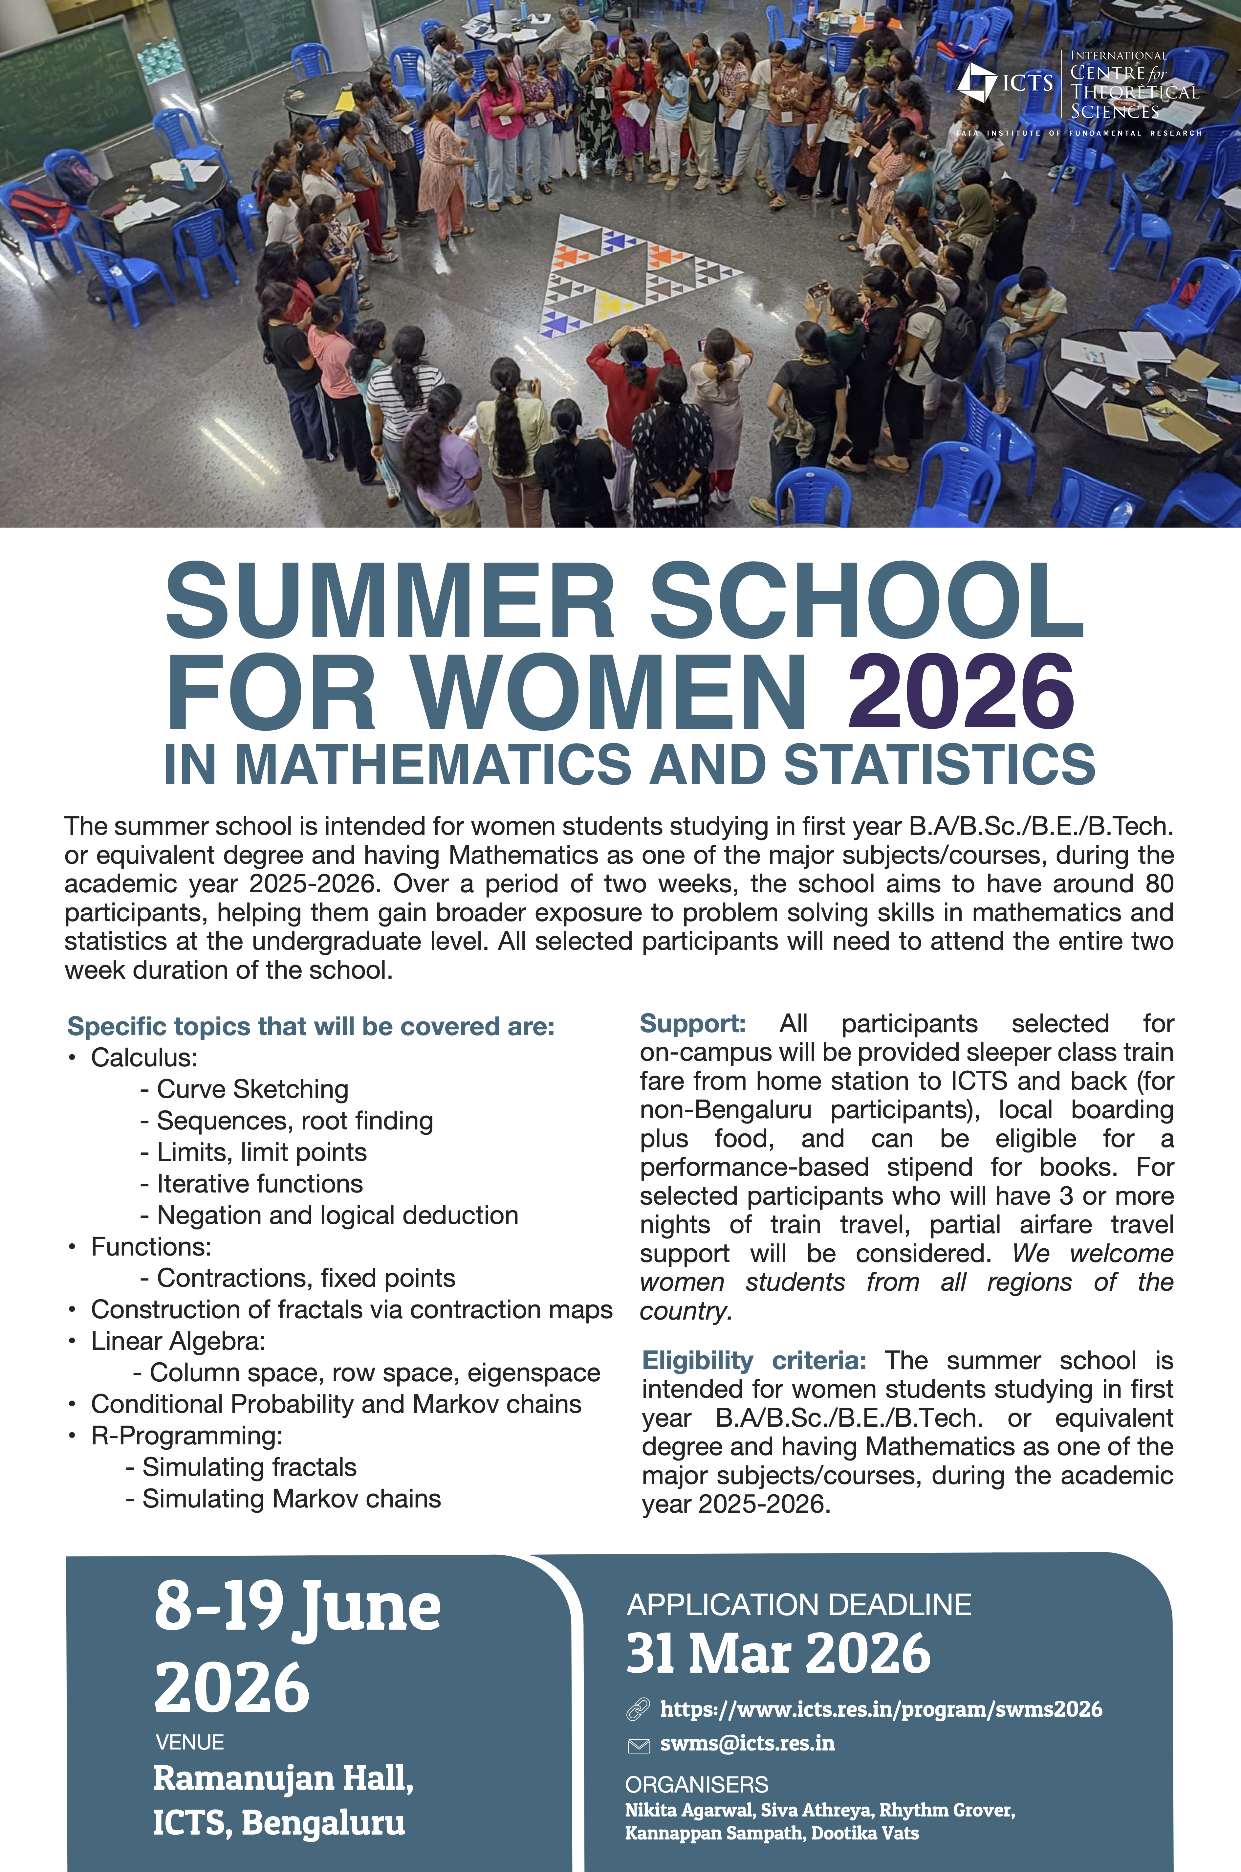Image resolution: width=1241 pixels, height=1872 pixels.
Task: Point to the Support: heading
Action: tap(692, 1023)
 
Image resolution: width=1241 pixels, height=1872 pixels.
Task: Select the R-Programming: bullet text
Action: tap(187, 1435)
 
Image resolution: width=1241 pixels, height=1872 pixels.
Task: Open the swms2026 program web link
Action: tap(880, 1709)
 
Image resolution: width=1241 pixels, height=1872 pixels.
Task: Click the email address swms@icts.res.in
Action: tap(747, 1743)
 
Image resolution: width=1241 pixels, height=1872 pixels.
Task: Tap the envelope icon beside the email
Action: tap(638, 1745)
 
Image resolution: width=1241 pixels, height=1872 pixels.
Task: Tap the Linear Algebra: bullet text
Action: tap(178, 1341)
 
